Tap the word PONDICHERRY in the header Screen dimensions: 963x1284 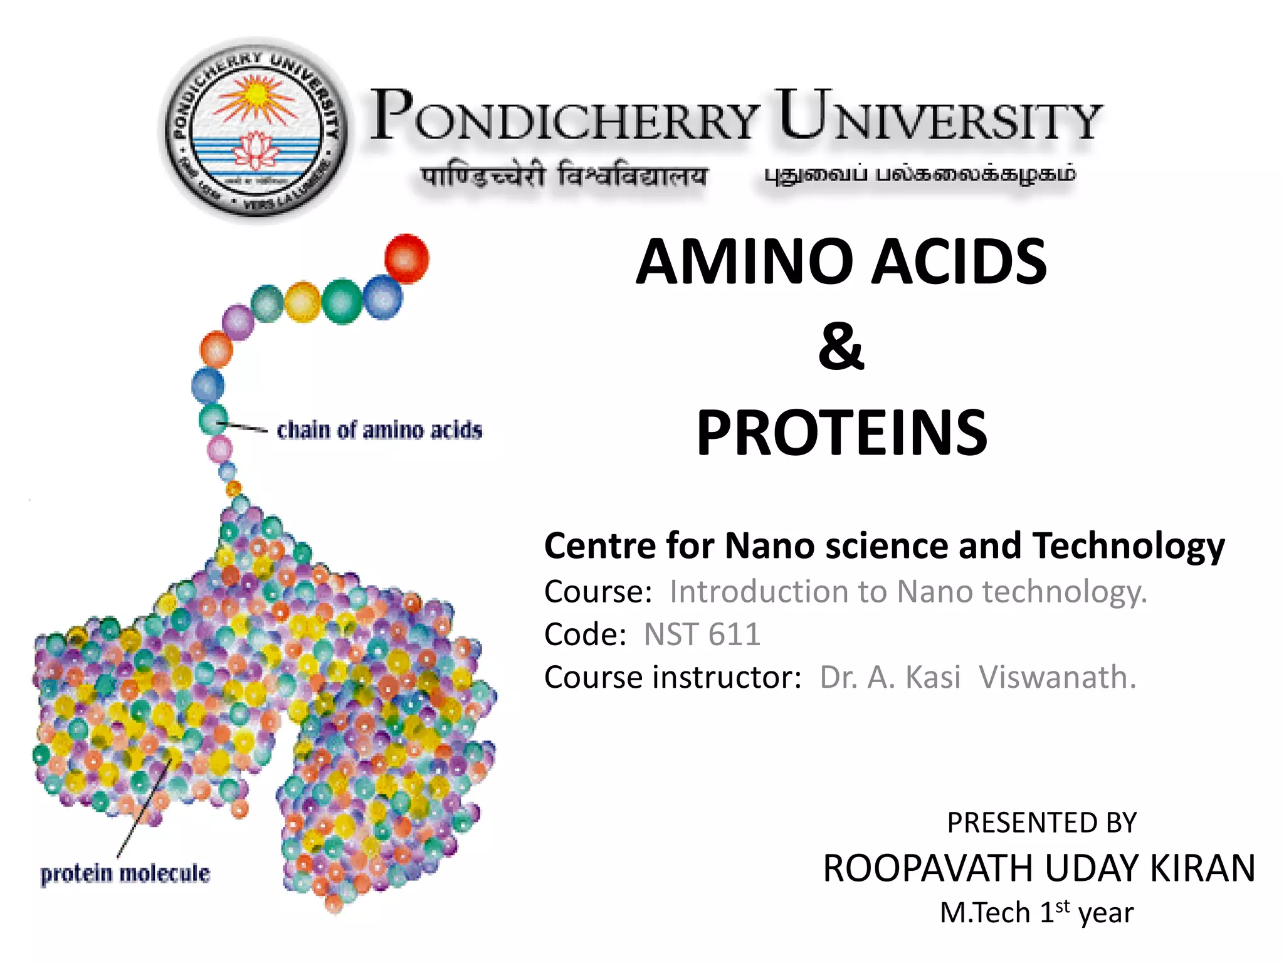click(564, 116)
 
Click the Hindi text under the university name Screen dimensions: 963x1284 click(564, 176)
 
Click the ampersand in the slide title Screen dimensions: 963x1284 click(841, 346)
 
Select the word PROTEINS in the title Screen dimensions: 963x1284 click(841, 432)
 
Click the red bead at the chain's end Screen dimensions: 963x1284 click(406, 258)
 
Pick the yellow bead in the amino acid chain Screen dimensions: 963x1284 click(303, 302)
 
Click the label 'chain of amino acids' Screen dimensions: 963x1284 click(379, 430)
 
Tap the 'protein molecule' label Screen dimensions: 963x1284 click(125, 873)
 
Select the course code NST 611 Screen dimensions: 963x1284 click(702, 634)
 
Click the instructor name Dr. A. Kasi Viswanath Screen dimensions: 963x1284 click(977, 677)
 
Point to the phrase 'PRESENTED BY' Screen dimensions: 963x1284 click(1041, 823)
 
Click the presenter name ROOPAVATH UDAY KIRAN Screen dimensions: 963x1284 click(1039, 868)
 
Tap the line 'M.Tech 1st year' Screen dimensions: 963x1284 click(1036, 912)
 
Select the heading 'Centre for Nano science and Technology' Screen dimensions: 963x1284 click(884, 545)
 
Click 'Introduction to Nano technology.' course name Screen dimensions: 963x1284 click(908, 591)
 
